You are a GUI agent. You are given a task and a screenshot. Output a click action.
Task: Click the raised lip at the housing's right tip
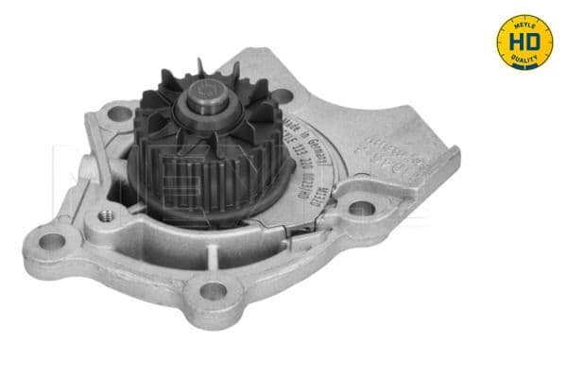click(452, 151)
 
